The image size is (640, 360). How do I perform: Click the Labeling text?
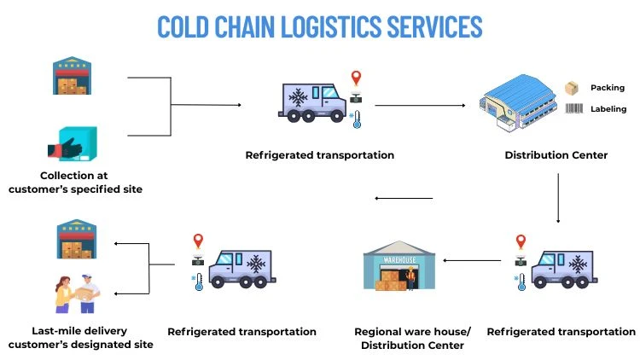609,109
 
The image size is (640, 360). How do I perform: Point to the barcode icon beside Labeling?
573,109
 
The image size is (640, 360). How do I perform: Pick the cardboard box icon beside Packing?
572,88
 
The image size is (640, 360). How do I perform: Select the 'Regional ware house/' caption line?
412,331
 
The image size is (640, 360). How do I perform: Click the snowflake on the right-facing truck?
299,97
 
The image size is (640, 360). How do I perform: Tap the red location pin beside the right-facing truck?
356,79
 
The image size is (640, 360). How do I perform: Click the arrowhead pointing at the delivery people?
116,293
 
